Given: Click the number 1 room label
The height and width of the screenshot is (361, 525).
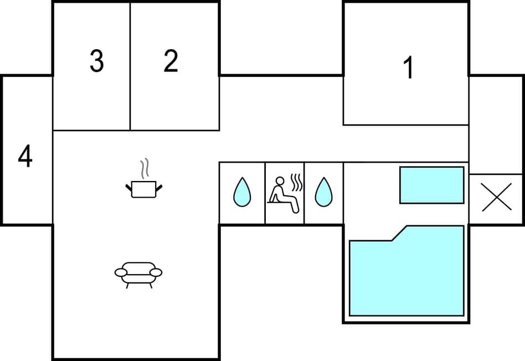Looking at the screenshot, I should (409, 69).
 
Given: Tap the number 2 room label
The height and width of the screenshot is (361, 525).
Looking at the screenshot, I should (171, 61).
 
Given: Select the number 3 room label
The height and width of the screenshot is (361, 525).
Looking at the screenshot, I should (97, 61).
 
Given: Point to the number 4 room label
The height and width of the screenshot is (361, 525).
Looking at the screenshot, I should (25, 157).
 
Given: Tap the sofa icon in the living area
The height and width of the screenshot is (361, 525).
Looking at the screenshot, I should (138, 273).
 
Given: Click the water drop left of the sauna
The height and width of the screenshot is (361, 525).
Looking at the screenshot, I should (242, 192).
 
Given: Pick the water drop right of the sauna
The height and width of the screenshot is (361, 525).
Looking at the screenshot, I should (323, 192).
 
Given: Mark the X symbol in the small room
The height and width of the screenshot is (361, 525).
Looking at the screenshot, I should (496, 198).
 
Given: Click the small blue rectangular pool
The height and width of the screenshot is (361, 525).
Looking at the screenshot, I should (431, 185).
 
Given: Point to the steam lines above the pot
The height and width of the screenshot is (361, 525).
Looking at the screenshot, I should (145, 169).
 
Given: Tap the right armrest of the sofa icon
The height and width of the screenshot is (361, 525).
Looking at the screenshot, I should (156, 272).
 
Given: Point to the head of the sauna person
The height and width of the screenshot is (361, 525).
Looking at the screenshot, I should (280, 180).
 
